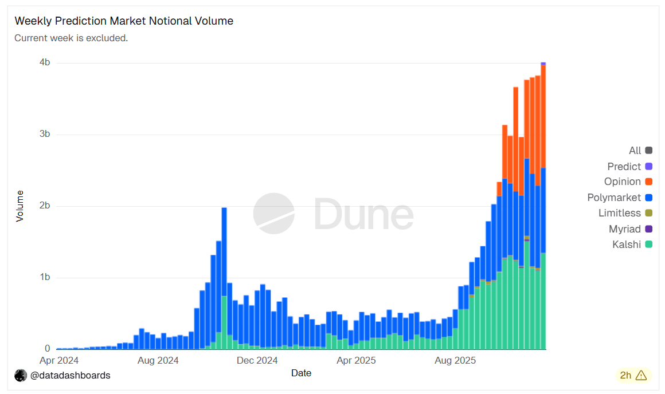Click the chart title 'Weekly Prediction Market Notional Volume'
(124, 21)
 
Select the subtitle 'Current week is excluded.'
(71, 38)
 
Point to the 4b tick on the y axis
(44, 62)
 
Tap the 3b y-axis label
(44, 134)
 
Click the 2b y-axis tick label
(44, 206)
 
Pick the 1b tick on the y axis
(44, 277)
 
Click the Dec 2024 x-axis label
(257, 360)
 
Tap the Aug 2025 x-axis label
(455, 360)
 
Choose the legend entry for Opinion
(623, 182)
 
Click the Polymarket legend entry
(614, 198)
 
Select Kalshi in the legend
(627, 245)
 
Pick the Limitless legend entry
(620, 213)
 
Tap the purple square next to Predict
(648, 167)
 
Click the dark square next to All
(648, 151)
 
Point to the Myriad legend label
(625, 229)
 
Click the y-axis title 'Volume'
(20, 206)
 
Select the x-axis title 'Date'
(301, 373)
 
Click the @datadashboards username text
(70, 376)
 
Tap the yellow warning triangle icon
(641, 376)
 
